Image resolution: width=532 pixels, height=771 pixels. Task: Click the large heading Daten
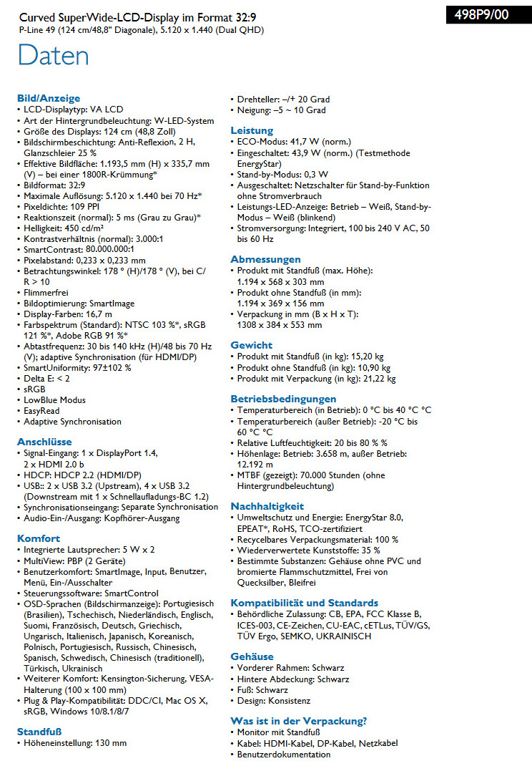(x=54, y=55)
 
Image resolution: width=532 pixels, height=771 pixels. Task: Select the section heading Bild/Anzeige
(x=49, y=98)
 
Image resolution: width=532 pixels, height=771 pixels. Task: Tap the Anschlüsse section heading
(x=44, y=442)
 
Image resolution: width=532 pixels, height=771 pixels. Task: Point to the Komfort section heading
(x=39, y=538)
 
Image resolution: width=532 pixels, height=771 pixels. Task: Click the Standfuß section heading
(x=39, y=732)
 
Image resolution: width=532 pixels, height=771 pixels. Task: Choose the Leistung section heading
(x=252, y=130)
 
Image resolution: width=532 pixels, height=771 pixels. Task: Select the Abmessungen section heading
(x=265, y=259)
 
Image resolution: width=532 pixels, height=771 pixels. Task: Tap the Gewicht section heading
(x=251, y=345)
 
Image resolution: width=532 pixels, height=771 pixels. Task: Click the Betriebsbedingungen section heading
(x=283, y=399)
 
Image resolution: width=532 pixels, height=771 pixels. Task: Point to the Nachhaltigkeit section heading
(x=267, y=506)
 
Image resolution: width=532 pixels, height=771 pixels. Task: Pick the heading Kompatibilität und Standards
(x=304, y=603)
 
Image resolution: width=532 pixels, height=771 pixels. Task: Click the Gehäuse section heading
(x=252, y=656)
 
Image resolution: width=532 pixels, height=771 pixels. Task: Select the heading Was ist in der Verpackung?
(x=299, y=721)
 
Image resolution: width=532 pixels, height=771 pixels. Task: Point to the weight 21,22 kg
(x=380, y=379)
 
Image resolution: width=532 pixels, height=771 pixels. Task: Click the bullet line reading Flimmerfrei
(x=47, y=293)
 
